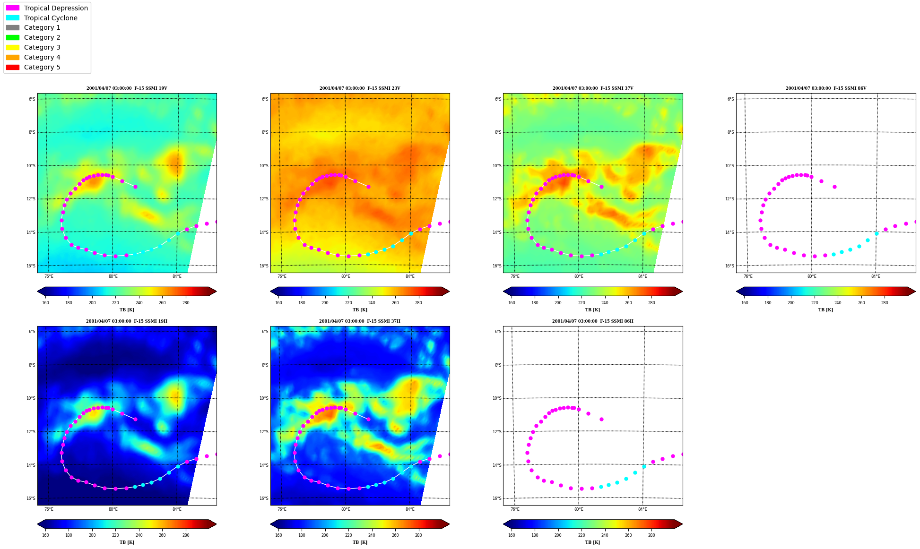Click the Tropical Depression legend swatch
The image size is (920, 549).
13,8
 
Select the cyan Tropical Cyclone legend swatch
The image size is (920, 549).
13,18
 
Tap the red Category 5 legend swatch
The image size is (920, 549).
13,67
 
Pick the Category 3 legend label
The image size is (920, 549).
42,47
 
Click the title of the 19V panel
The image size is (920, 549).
127,88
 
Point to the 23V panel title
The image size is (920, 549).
360,88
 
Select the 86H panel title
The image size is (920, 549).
593,321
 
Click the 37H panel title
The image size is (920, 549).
360,321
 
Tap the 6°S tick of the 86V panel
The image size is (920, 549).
731,99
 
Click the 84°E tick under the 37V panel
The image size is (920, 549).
642,276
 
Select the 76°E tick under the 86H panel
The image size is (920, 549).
515,509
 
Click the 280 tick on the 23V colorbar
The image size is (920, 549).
418,303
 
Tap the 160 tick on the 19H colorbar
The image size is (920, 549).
45,536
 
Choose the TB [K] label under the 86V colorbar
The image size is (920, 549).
826,310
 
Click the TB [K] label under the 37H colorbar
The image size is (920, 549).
360,542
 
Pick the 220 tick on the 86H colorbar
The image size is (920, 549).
581,536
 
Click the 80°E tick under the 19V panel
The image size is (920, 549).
113,276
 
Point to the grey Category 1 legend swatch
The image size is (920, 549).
13,28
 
